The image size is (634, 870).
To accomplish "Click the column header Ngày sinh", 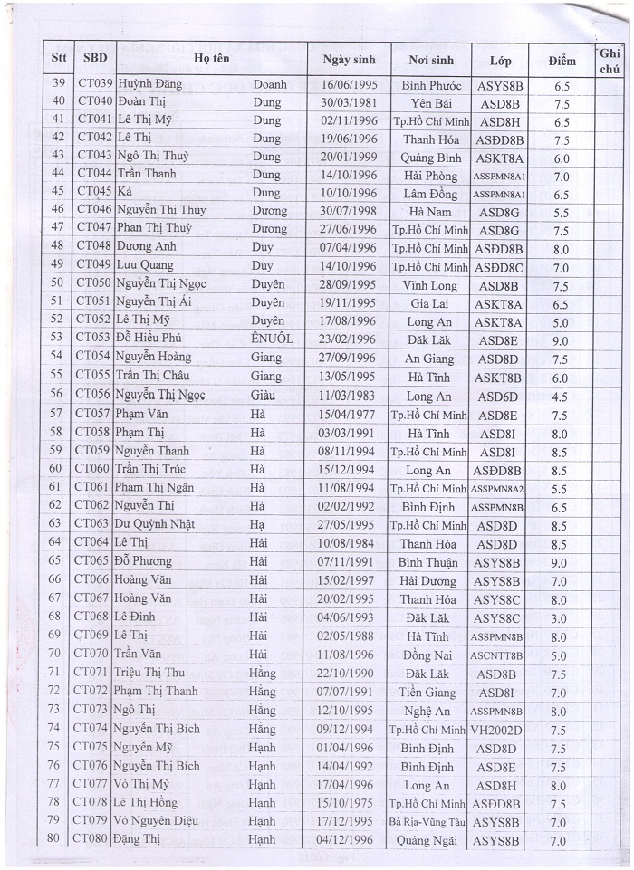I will [348, 61].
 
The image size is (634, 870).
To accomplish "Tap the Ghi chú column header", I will [608, 60].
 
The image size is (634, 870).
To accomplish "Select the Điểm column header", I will [562, 61].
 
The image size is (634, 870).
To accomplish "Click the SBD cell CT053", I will [93, 339].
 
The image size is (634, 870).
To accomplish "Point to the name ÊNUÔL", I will [271, 339].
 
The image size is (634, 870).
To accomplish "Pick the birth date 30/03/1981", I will [348, 101].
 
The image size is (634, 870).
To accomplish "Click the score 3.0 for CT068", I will [561, 618].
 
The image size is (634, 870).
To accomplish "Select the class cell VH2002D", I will [497, 730].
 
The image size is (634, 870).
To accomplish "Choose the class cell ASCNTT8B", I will [497, 655].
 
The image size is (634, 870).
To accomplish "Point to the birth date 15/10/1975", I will [348, 803].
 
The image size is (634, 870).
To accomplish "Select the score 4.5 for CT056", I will [561, 396].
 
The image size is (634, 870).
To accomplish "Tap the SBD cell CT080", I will [93, 840].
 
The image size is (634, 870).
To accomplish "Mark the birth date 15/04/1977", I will [348, 415].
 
